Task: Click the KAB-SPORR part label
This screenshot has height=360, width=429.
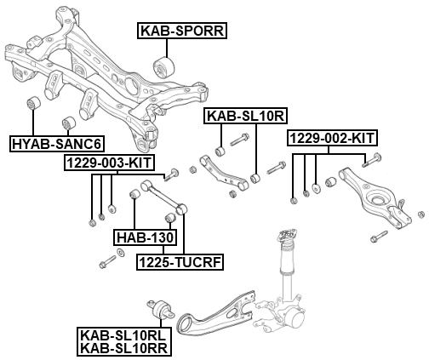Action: point(182,31)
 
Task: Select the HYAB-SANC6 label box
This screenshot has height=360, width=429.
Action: point(57,144)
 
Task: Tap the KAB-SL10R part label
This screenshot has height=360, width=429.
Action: point(246,116)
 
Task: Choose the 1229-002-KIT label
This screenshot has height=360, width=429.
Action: point(332,138)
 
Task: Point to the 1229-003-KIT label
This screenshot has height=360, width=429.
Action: point(110,163)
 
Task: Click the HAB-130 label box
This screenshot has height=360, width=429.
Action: point(145,237)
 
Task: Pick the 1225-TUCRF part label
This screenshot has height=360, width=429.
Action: point(180,262)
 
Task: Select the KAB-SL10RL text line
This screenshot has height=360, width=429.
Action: point(123,335)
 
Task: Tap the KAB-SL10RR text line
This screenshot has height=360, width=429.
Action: point(124,348)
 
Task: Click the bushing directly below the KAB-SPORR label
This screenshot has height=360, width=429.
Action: point(163,67)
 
